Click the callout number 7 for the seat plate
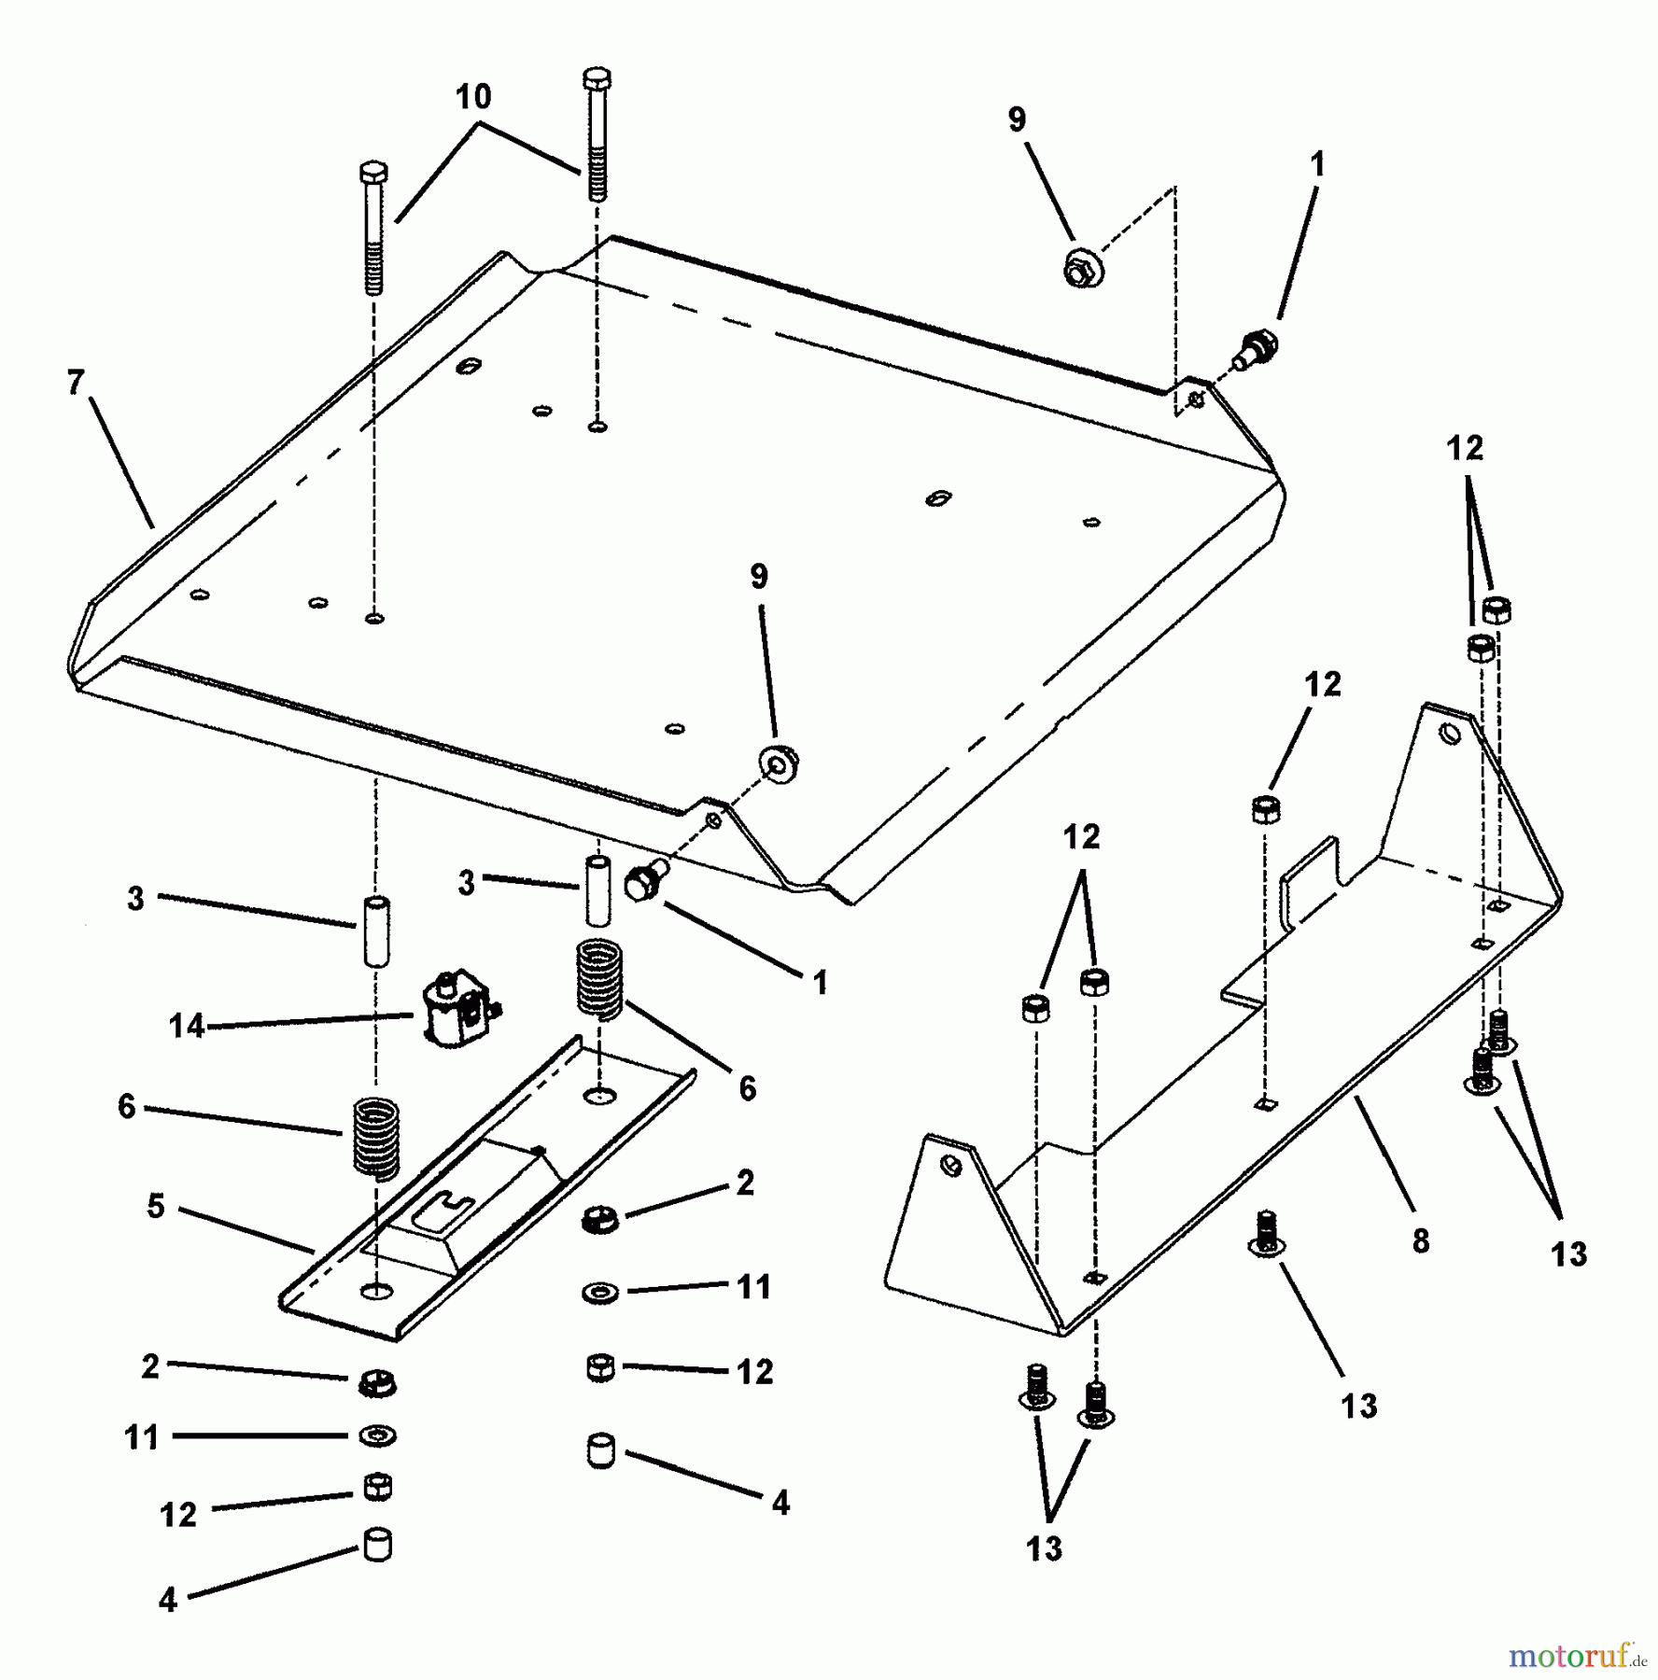tap(76, 383)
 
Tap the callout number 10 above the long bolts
tap(473, 97)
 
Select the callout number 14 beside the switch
tap(187, 1026)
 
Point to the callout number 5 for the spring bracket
tap(156, 1206)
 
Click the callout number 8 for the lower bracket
tap(1420, 1240)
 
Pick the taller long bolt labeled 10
tap(597, 135)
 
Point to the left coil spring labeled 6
tap(376, 1138)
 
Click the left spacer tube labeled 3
tap(376, 931)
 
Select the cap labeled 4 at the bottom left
tap(377, 1544)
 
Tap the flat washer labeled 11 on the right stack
tap(599, 1293)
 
